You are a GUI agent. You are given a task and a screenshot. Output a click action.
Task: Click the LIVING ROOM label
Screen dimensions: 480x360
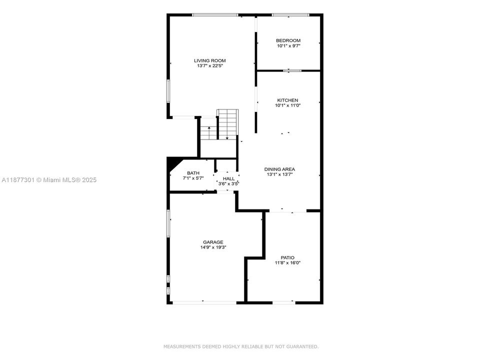209,60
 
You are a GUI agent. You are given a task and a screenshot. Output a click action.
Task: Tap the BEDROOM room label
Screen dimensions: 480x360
288,40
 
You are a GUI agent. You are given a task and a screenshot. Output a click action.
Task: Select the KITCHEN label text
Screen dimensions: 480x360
287,100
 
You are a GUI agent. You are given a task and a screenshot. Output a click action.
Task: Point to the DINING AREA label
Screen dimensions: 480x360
279,169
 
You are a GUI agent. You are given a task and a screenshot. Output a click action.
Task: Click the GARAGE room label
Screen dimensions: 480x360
213,242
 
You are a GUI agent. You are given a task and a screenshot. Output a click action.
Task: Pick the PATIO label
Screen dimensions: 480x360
287,258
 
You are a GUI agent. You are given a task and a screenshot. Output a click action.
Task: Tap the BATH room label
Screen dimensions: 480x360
193,173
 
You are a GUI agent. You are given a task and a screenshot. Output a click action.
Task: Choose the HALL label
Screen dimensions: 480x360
228,179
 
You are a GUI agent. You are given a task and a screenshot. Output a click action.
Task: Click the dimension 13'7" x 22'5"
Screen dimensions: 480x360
209,66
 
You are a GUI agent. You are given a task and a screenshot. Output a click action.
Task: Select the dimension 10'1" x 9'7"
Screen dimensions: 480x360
288,46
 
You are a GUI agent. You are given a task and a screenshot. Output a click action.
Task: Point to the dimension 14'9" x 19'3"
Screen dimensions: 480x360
213,247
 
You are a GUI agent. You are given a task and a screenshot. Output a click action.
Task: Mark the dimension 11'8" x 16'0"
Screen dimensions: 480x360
287,263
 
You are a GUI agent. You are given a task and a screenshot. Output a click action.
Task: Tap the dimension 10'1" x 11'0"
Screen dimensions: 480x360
287,105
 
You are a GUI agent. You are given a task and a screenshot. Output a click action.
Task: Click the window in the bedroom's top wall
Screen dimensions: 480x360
290,14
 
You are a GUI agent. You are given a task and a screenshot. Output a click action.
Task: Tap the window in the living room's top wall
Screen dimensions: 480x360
215,14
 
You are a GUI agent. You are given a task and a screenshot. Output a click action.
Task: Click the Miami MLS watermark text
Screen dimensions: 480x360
49,180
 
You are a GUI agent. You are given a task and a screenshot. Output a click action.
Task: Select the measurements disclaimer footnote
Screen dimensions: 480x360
241,346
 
